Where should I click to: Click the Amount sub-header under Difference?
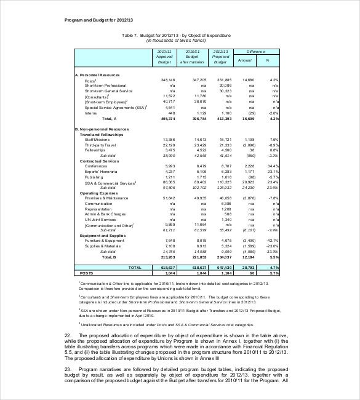point(245,60)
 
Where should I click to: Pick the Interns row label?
point(90,113)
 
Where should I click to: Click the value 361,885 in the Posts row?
point(222,80)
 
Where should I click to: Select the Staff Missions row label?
point(96,140)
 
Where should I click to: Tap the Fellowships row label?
point(95,150)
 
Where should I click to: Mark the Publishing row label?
point(94,177)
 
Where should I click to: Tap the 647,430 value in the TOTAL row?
point(222,268)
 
